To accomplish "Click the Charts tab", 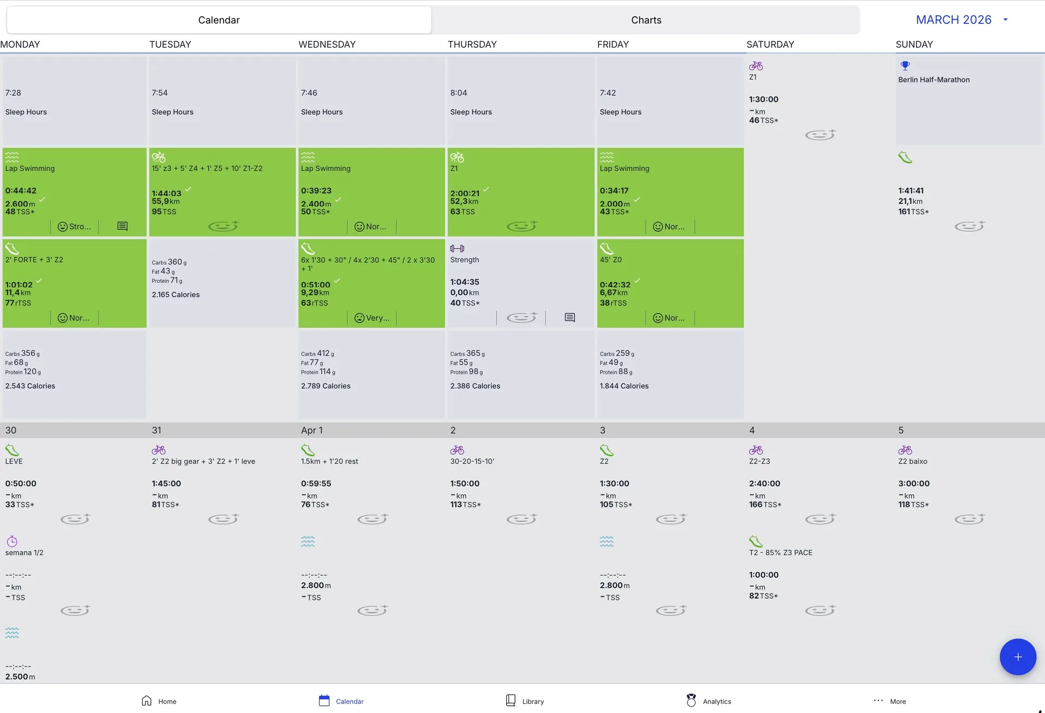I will coord(646,20).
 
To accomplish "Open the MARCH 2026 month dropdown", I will coord(962,20).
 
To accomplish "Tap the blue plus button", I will coord(1017,656).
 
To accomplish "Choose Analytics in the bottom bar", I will coord(709,701).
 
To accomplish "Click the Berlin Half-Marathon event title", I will coord(933,79).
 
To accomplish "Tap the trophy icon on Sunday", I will coord(905,66).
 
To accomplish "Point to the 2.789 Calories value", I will coord(325,386).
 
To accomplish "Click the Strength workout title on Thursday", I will coord(464,260).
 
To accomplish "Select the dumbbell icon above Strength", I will coord(457,249).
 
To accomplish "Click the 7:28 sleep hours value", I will coord(13,93).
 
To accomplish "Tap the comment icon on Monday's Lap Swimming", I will coord(122,226).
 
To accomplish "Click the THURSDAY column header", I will coord(472,45).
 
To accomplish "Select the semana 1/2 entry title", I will coord(24,553).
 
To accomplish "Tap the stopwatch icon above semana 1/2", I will coord(12,541).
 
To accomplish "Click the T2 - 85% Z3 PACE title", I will coord(780,553).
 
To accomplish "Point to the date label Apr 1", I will coord(311,430).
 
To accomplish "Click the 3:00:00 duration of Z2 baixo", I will coord(914,483).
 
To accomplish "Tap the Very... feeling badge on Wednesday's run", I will coord(372,318).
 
